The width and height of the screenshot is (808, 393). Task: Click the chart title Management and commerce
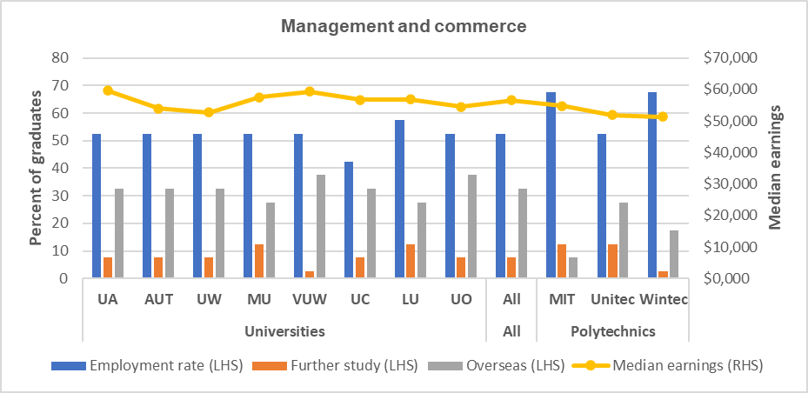click(x=403, y=27)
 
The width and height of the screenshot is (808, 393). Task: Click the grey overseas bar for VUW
click(x=321, y=226)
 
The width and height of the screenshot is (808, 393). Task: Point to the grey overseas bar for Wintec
click(x=674, y=254)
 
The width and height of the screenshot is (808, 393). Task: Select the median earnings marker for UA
click(x=109, y=90)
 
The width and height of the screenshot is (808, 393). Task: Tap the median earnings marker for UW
click(x=210, y=112)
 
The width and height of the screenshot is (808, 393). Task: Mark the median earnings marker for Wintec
click(x=663, y=117)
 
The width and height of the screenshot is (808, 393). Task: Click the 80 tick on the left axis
click(x=61, y=57)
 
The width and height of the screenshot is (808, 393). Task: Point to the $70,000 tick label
click(x=731, y=57)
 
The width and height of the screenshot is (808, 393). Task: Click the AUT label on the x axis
click(x=159, y=300)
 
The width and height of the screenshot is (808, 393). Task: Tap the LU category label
click(x=411, y=300)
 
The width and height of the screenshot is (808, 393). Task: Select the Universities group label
click(x=284, y=331)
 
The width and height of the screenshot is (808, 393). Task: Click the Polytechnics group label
click(x=612, y=331)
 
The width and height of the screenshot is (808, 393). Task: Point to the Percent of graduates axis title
click(x=37, y=167)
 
